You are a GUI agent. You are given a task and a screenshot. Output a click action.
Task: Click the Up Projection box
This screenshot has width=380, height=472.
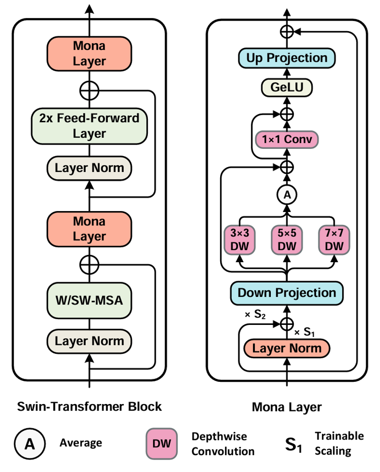pyautogui.click(x=287, y=58)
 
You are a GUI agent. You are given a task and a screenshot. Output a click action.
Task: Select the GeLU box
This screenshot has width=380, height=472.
pyautogui.click(x=287, y=88)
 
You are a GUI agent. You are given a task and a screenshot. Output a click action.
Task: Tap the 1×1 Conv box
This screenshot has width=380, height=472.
pyautogui.click(x=287, y=140)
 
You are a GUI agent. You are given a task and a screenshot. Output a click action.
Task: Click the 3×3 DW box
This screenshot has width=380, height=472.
pyautogui.click(x=240, y=240)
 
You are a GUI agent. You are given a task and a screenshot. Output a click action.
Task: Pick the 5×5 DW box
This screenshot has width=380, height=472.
pyautogui.click(x=287, y=240)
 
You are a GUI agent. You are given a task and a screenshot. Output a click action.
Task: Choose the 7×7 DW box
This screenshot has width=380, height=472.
pyautogui.click(x=334, y=240)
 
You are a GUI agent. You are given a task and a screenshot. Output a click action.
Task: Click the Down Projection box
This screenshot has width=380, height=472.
pyautogui.click(x=287, y=293)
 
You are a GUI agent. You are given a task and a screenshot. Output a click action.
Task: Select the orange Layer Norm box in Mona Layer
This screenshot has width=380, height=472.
pyautogui.click(x=287, y=348)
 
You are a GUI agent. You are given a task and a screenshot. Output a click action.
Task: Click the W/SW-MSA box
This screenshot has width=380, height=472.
pyautogui.click(x=89, y=300)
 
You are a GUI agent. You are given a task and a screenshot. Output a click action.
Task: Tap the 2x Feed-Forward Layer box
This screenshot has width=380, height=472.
pyautogui.click(x=89, y=126)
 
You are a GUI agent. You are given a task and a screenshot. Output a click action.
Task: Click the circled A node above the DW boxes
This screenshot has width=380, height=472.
pyautogui.click(x=287, y=195)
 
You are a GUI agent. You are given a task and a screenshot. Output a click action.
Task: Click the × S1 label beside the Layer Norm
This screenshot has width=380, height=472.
pyautogui.click(x=305, y=332)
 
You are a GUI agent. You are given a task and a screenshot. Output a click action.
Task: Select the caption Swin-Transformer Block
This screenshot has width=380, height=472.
pyautogui.click(x=89, y=407)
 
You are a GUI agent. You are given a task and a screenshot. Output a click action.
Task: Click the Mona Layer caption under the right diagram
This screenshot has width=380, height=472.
pyautogui.click(x=287, y=407)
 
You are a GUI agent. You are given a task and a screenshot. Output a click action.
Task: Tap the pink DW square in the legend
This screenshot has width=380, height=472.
pyautogui.click(x=162, y=444)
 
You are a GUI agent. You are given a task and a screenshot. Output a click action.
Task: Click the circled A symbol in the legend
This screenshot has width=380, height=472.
pyautogui.click(x=30, y=444)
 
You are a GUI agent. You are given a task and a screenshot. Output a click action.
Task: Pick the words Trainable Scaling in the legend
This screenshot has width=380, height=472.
pyautogui.click(x=339, y=444)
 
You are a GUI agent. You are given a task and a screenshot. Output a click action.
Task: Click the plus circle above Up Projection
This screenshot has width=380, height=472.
pyautogui.click(x=287, y=31)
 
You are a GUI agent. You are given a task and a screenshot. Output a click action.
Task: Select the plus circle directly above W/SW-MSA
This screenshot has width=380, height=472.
pyautogui.click(x=89, y=265)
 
